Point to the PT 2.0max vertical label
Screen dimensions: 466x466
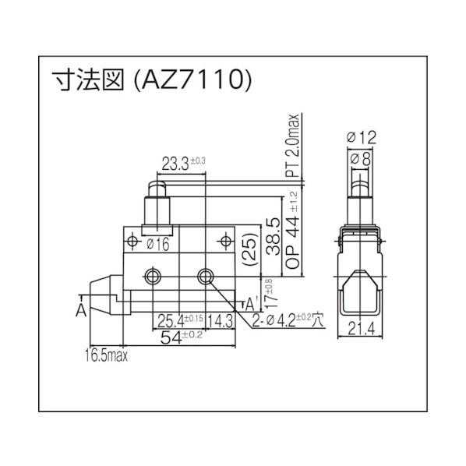coord(294,148)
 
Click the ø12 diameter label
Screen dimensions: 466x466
coord(361,137)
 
